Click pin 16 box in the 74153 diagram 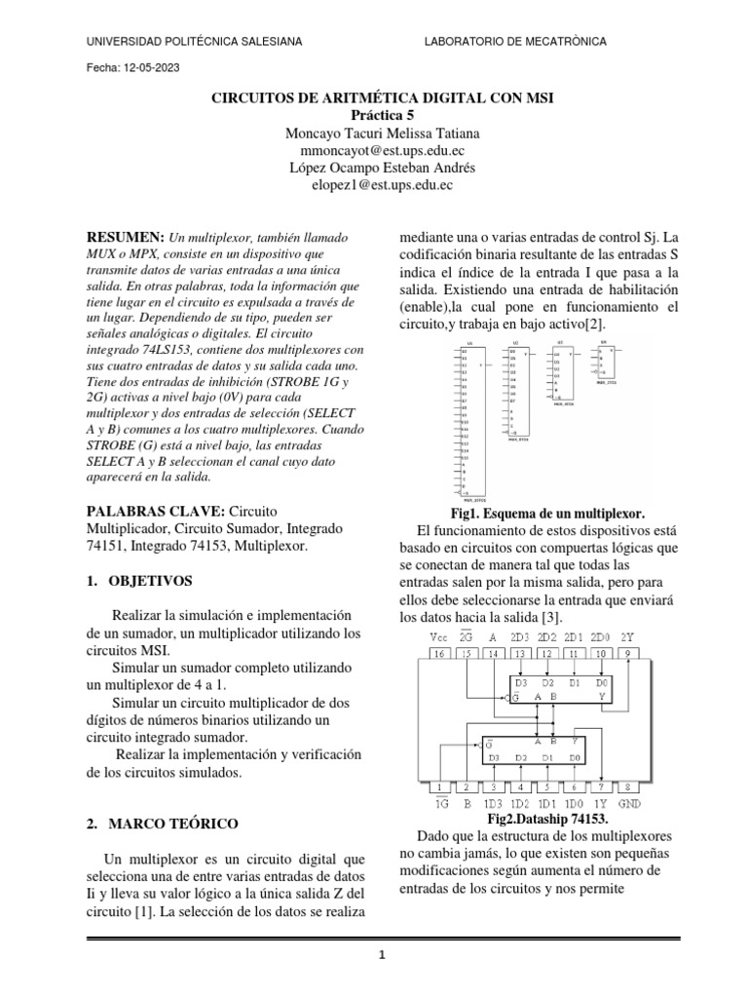(414, 655)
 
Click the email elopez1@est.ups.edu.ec (381, 184)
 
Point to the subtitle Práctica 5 (381, 115)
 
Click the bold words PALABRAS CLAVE (156, 512)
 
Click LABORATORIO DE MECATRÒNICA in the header (516, 41)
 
